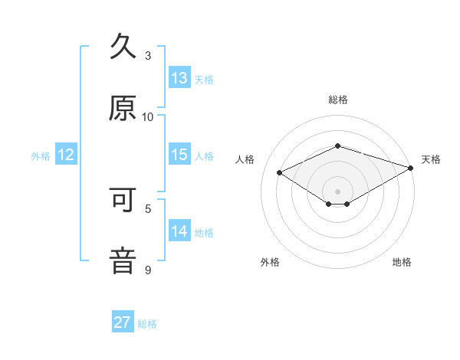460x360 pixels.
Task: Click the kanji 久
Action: [x=123, y=47]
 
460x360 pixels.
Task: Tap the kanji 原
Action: [x=123, y=109]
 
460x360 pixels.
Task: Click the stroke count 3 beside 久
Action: [x=148, y=55]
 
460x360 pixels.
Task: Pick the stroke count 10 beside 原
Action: [x=148, y=116]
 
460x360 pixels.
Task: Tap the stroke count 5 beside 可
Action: [x=148, y=208]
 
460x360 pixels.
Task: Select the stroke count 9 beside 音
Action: [x=148, y=269]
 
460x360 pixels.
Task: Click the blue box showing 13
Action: [x=179, y=78]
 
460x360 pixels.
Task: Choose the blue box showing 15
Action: [x=179, y=155]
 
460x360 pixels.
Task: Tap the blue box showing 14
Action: [x=179, y=231]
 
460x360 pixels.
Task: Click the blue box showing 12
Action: [x=66, y=155]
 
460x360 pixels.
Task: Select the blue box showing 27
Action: [x=123, y=322]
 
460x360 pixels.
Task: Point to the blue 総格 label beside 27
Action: [x=148, y=324]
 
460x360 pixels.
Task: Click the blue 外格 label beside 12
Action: [x=41, y=156]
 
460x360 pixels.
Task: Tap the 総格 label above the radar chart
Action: [x=338, y=100]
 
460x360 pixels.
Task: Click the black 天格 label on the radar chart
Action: [x=431, y=159]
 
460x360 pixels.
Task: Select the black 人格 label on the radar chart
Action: [x=245, y=159]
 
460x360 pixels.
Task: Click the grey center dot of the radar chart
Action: [x=338, y=191]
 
